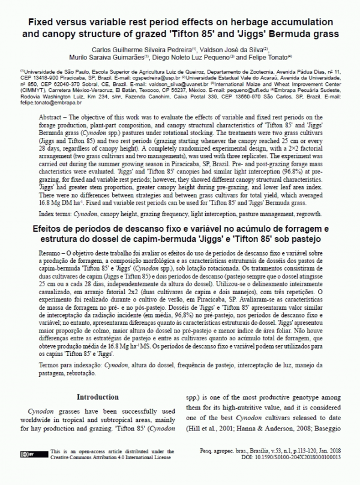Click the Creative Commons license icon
click(36, 454)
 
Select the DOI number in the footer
click(294, 457)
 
